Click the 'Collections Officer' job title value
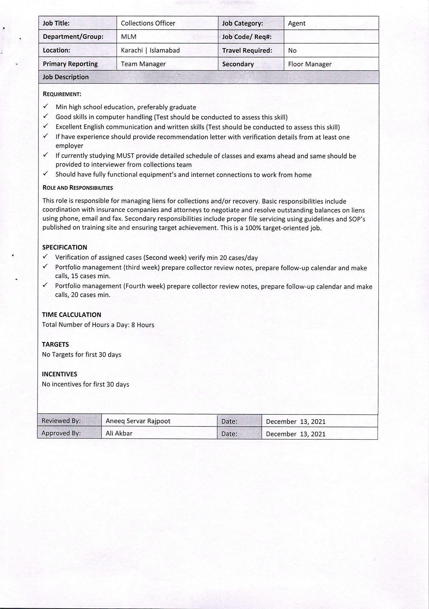(x=148, y=23)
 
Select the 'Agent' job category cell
(x=297, y=24)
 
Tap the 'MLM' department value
(x=128, y=37)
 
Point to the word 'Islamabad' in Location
(x=165, y=50)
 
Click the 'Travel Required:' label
(x=247, y=51)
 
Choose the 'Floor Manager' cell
(x=310, y=64)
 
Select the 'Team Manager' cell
(x=143, y=64)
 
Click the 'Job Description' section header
(x=66, y=77)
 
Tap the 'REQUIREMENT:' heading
(x=62, y=94)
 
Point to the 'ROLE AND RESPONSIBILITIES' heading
(x=78, y=188)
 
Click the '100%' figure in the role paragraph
(x=253, y=228)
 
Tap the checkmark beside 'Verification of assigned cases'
(x=45, y=257)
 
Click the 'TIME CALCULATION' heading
(x=71, y=315)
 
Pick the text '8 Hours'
(x=143, y=325)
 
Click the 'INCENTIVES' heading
(x=60, y=374)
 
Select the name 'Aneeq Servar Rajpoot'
(x=138, y=421)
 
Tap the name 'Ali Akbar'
(x=119, y=433)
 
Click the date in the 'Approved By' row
(x=296, y=434)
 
